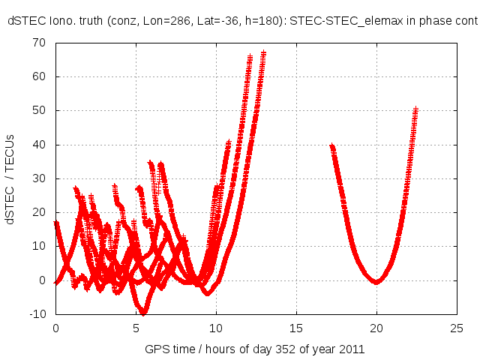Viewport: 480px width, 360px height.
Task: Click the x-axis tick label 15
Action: tap(296, 328)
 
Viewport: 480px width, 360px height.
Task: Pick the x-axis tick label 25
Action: tap(457, 328)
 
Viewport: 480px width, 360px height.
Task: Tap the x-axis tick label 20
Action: tap(376, 328)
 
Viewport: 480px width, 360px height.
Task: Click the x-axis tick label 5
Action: tap(136, 328)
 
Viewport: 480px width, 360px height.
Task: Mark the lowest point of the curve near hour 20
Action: tap(376, 281)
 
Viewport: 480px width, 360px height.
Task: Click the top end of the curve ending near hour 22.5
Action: tap(415, 109)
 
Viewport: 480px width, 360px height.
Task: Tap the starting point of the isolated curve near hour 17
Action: tap(331, 146)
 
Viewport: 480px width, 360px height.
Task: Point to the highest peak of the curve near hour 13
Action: tap(264, 53)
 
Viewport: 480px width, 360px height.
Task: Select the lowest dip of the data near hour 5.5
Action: tap(143, 312)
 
